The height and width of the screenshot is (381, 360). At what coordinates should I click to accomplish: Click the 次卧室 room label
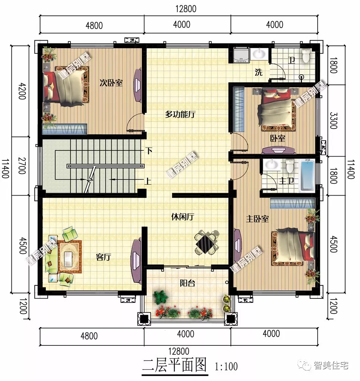click(111, 83)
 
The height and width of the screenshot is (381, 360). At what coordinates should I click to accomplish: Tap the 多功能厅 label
click(180, 114)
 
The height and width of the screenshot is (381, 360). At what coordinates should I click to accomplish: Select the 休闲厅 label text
click(183, 217)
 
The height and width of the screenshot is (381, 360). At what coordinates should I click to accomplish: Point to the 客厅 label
click(103, 257)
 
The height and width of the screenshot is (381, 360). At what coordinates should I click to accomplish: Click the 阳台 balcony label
click(187, 283)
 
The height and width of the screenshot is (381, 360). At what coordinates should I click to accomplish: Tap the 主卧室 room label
click(258, 219)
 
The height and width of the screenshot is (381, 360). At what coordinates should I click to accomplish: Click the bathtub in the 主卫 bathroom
click(307, 176)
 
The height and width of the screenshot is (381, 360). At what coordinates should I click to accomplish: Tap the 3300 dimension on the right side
click(333, 120)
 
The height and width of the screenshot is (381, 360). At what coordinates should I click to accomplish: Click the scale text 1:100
click(226, 367)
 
